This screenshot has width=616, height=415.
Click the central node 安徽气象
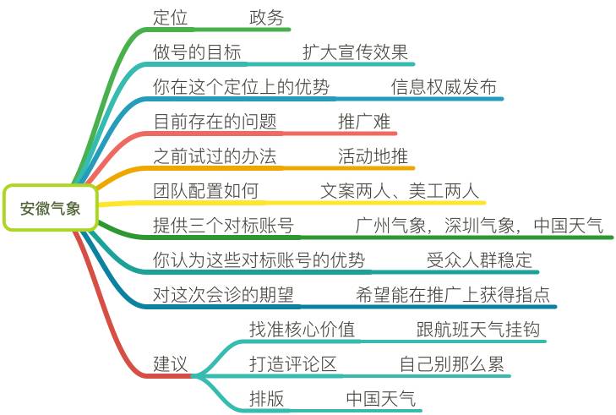coord(51,207)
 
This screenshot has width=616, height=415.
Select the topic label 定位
coord(171,18)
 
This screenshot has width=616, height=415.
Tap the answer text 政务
coord(267,18)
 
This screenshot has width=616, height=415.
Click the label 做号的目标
coord(197,52)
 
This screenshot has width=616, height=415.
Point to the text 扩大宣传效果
coord(355,52)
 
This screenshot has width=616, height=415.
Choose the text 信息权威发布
coord(444,87)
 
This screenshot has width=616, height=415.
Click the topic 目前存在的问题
coord(215,122)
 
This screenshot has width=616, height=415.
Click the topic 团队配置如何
coord(205,191)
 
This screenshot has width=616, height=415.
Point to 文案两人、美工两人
coord(400,191)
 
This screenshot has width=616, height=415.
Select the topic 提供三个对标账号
coord(223,226)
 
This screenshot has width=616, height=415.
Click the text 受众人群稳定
coord(479,260)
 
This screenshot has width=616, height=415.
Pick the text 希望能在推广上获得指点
coord(453,295)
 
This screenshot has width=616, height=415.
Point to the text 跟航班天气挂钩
coord(477,330)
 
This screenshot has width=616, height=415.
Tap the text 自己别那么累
coord(451,364)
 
